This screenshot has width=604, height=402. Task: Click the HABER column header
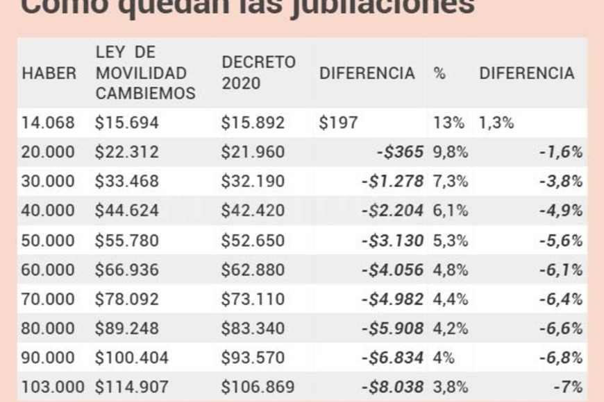point(49,73)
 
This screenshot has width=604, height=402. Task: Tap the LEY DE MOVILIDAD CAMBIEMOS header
point(145,73)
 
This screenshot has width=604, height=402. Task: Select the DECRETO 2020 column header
point(258,73)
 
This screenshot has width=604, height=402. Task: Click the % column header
point(439,73)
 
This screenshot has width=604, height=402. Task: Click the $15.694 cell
point(127,123)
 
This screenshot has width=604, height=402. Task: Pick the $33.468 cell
point(127,182)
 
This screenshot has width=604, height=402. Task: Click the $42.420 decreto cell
point(253,211)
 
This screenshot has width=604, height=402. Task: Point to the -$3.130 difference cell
point(392,241)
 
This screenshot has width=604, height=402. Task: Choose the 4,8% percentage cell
point(451,270)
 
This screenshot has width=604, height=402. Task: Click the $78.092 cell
point(127,299)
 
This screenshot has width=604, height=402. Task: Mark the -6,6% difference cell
point(562,329)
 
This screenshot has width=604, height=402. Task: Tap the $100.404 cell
point(132,358)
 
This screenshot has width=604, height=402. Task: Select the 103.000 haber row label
point(53,387)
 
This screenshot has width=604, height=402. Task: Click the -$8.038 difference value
point(392,387)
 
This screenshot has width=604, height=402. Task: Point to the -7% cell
point(568,387)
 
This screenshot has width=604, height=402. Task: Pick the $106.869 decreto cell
point(258,387)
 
